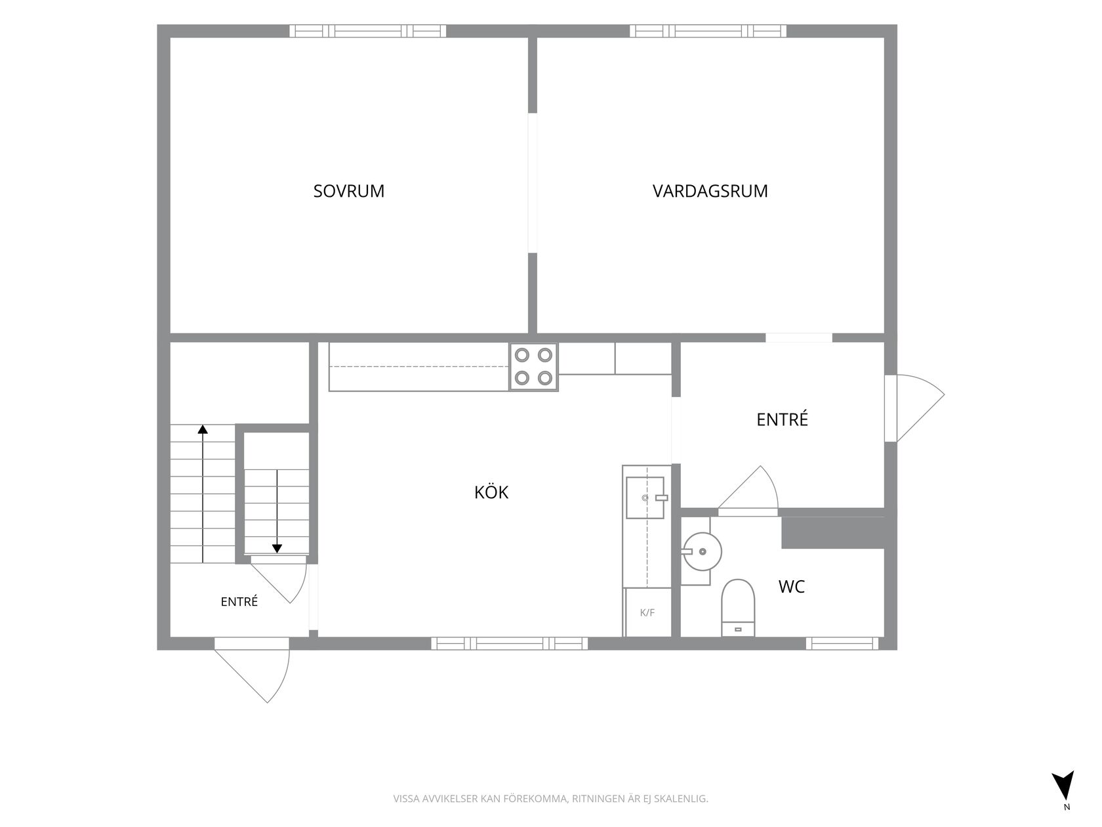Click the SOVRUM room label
(348, 191)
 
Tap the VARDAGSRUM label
(710, 191)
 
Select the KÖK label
(491, 492)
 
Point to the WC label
(791, 587)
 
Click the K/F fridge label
(647, 612)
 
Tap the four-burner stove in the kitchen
(534, 367)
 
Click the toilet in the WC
(737, 608)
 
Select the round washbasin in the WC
(703, 551)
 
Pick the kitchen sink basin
(645, 498)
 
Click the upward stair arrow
(202, 494)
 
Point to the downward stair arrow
(277, 511)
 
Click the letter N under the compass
(1067, 821)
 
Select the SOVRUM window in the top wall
(367, 31)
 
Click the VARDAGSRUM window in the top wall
(708, 31)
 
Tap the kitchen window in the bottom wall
(509, 643)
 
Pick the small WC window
(842, 643)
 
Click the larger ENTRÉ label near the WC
(782, 419)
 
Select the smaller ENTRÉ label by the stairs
(239, 601)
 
